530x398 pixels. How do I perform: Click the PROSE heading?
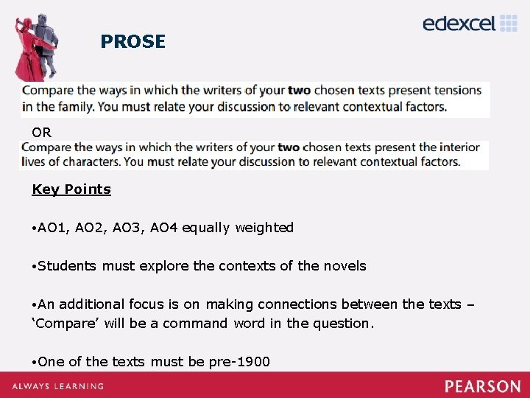coord(132,42)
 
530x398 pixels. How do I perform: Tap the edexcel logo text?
coord(459,24)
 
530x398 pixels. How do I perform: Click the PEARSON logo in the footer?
coord(482,385)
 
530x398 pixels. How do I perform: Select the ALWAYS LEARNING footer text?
coord(57,386)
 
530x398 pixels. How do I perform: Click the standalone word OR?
coord(41,133)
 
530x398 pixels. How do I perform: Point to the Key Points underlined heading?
coord(71,189)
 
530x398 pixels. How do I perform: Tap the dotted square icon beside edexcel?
coord(509,23)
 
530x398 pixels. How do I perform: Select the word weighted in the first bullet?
coord(264,228)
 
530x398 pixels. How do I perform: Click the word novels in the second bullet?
coord(342,266)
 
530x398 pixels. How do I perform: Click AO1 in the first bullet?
coord(52,228)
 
